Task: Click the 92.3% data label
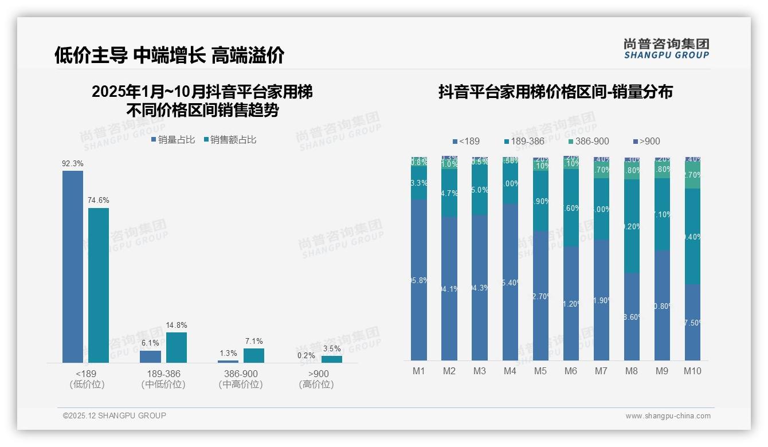pos(73,163)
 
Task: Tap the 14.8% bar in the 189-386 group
pos(177,347)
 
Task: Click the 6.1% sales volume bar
pos(151,356)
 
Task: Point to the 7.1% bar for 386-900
pos(254,355)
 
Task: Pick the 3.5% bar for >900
pos(332,359)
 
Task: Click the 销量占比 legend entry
pos(173,139)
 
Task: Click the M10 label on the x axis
pos(692,371)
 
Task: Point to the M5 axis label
pos(540,371)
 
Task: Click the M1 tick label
pos(419,371)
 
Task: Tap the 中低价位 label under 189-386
pos(163,385)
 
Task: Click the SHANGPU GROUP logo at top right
pos(667,49)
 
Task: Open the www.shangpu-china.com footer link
pos(668,416)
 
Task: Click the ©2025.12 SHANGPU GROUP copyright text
pos(115,415)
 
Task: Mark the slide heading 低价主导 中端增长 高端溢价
pos(170,56)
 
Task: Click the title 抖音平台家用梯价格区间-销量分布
pos(555,92)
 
